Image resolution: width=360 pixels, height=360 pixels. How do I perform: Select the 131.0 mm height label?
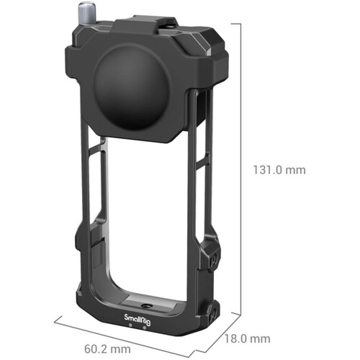point(279,170)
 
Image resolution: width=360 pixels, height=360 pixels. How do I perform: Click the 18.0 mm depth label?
point(247,338)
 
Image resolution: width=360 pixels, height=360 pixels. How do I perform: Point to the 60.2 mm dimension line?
point(126,333)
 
